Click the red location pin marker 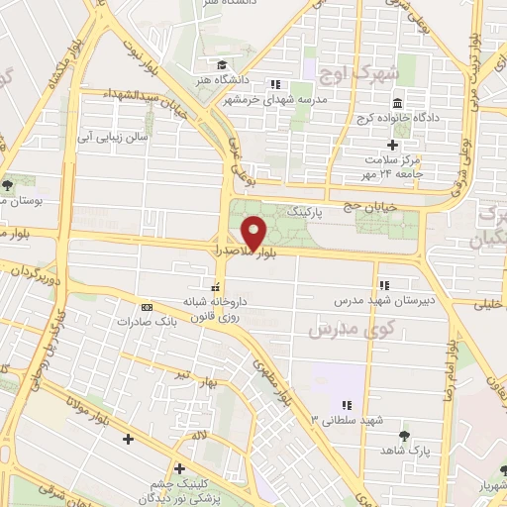[x=255, y=233]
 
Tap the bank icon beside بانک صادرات [x=147, y=307]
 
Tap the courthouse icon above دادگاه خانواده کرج [x=397, y=104]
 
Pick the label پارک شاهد [x=405, y=451]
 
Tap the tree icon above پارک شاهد [x=404, y=435]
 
